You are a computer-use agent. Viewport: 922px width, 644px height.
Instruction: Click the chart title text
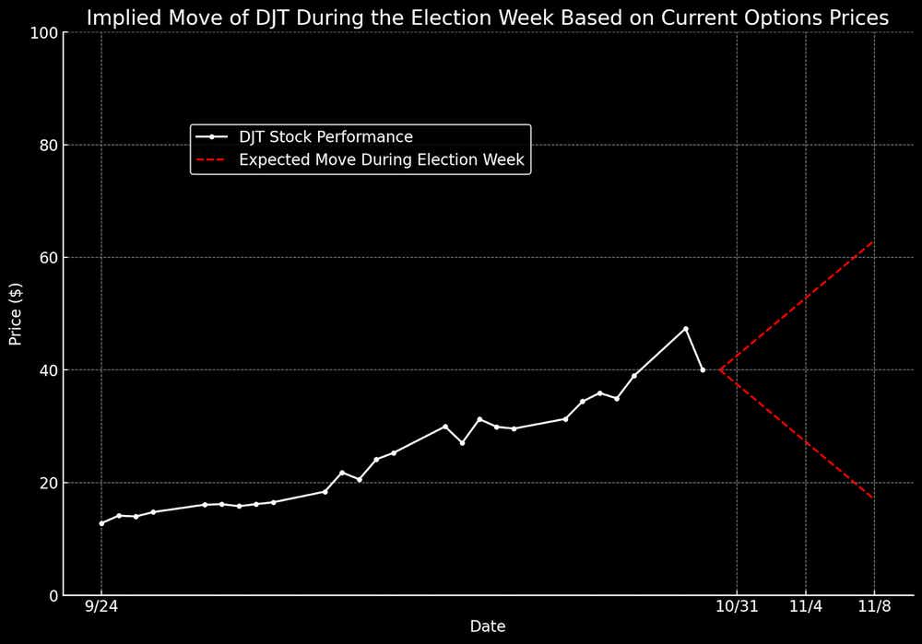pyautogui.click(x=487, y=18)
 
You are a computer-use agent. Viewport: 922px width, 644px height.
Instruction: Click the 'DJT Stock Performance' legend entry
pyautogui.click(x=325, y=137)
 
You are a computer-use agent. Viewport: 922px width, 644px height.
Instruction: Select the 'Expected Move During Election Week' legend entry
pyautogui.click(x=381, y=160)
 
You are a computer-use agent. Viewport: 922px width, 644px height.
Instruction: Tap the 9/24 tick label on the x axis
pyautogui.click(x=101, y=608)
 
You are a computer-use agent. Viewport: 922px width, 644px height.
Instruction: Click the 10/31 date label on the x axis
pyautogui.click(x=737, y=608)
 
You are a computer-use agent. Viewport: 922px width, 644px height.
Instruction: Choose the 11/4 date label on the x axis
pyautogui.click(x=806, y=608)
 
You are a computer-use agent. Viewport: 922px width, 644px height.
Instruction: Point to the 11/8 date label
pyautogui.click(x=874, y=608)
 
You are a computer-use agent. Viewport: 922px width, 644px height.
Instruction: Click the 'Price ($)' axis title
pyautogui.click(x=16, y=314)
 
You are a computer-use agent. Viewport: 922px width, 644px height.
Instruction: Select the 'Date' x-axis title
pyautogui.click(x=487, y=627)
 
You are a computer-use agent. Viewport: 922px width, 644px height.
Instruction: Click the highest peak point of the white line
pyautogui.click(x=685, y=329)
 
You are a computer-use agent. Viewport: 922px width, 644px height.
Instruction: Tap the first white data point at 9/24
pyautogui.click(x=101, y=523)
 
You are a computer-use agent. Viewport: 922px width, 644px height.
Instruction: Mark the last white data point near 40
pyautogui.click(x=703, y=370)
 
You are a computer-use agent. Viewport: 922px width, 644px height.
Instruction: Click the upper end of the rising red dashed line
pyautogui.click(x=873, y=241)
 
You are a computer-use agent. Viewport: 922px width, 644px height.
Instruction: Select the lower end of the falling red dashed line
pyautogui.click(x=873, y=498)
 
